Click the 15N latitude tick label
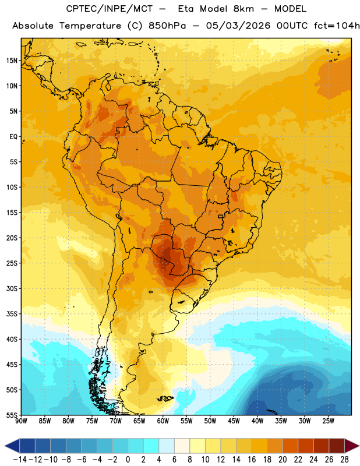pos(12,61)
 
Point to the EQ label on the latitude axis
pos(13,137)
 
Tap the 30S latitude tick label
pos(12,288)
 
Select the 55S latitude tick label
pos(12,415)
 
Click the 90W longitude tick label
pos(21,421)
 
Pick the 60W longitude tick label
pos(163,421)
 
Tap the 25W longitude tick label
pos(328,421)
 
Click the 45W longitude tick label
pos(234,421)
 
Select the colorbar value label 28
pos(344,460)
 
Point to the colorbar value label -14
pos(20,460)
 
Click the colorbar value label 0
pos(128,460)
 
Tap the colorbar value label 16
pos(252,460)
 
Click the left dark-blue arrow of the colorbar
pos(12,446)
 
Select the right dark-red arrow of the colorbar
pos(352,446)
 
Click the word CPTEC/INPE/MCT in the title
pos(110,9)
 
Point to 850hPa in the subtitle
pos(167,26)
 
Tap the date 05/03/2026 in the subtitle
pos(238,26)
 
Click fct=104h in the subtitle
pos(337,26)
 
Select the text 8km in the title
pos(243,9)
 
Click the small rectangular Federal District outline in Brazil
pos(221,216)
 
